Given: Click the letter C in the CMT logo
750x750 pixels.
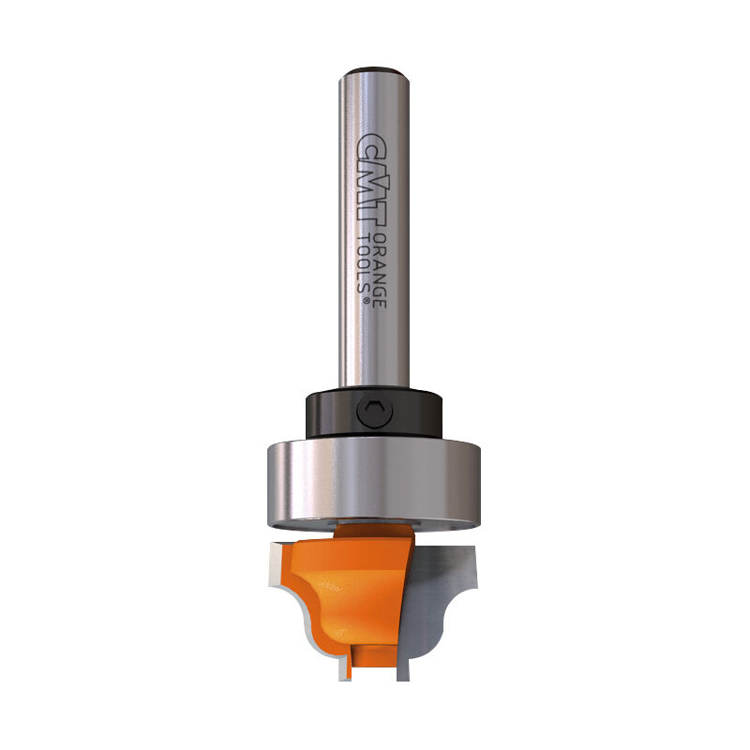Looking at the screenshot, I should coord(373,143).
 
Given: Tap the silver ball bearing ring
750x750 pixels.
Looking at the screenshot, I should coord(375,478).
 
